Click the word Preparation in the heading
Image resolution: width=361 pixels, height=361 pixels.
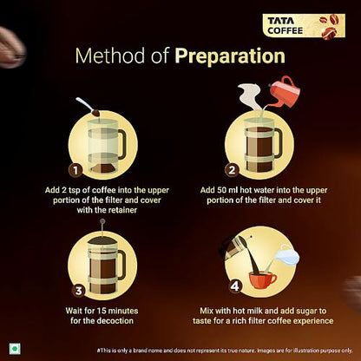[x=230, y=56]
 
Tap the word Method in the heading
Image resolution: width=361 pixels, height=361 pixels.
[x=110, y=56]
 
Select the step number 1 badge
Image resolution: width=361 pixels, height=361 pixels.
[x=76, y=170]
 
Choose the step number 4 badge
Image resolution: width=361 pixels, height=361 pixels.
[x=234, y=287]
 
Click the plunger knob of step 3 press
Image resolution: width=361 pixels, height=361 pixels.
[x=102, y=222]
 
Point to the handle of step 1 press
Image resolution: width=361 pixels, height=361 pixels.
[x=121, y=144]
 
